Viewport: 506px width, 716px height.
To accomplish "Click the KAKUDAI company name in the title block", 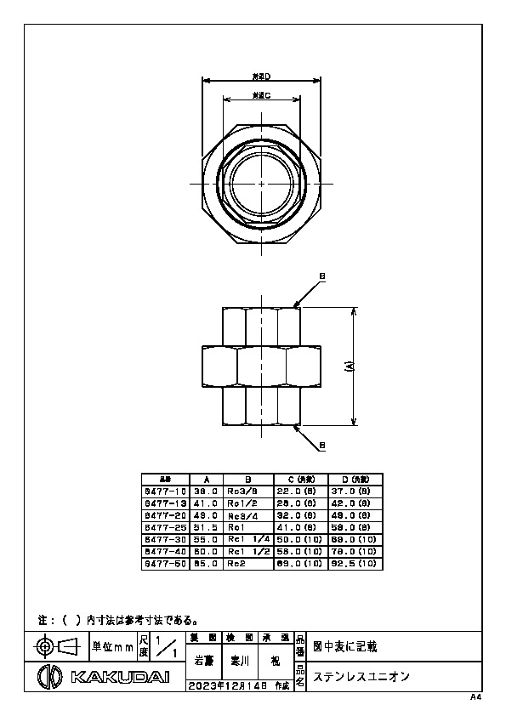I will coord(119,677).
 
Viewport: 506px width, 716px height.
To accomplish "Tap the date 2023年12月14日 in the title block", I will coord(227,685).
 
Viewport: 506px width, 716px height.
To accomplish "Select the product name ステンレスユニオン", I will coord(362,677).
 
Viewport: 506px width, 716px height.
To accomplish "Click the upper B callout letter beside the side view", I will coord(322,276).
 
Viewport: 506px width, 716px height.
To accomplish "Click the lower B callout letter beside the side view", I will coord(322,446).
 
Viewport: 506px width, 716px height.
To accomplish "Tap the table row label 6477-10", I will coord(166,492).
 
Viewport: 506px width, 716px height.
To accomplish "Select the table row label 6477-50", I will coord(166,563).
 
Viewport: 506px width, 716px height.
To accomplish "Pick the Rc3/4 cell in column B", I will coord(242,515).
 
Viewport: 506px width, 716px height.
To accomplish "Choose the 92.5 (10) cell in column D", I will coord(352,563).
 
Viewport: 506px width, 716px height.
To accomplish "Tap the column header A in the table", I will coord(208,479).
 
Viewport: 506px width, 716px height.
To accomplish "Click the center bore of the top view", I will coord(261,183).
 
